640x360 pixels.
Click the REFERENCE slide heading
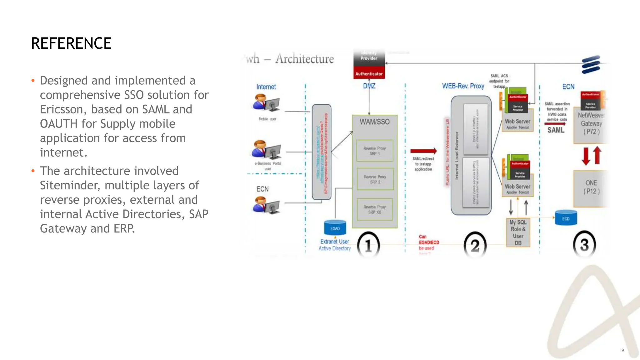[x=71, y=43]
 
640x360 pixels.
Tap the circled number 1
[x=368, y=246]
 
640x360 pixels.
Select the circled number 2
[x=475, y=246]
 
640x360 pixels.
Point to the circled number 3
[x=584, y=245]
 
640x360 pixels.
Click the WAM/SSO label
[x=374, y=122]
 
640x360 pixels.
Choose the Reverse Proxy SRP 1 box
[x=375, y=151]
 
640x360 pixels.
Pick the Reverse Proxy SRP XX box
[x=375, y=209]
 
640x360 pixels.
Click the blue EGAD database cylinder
[x=335, y=227]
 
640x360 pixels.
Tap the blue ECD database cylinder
[x=566, y=218]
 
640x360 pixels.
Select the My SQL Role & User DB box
[x=518, y=232]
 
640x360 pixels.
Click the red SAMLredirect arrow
[x=423, y=151]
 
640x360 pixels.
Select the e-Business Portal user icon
[x=266, y=150]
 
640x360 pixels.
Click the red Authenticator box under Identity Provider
[x=369, y=74]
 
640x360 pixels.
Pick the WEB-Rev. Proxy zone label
[x=463, y=86]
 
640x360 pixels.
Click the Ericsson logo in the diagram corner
[x=591, y=64]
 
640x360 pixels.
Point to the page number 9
[x=622, y=350]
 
